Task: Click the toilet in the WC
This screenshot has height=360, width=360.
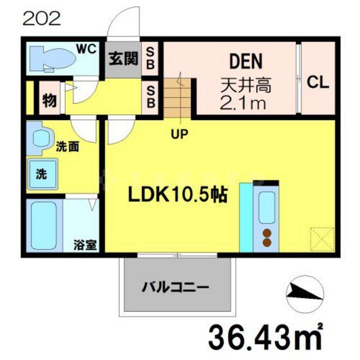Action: click(x=53, y=58)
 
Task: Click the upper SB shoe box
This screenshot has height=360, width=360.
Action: click(x=151, y=58)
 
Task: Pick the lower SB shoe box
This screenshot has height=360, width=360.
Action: click(x=151, y=96)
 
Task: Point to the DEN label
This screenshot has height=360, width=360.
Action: click(x=245, y=61)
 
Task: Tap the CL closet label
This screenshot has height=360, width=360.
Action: click(x=317, y=84)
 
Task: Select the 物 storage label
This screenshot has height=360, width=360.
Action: click(x=49, y=101)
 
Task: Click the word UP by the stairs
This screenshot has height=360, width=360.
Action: click(x=180, y=134)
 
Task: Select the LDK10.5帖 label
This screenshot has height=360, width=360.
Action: click(x=178, y=195)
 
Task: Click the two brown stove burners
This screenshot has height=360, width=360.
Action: click(x=266, y=238)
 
